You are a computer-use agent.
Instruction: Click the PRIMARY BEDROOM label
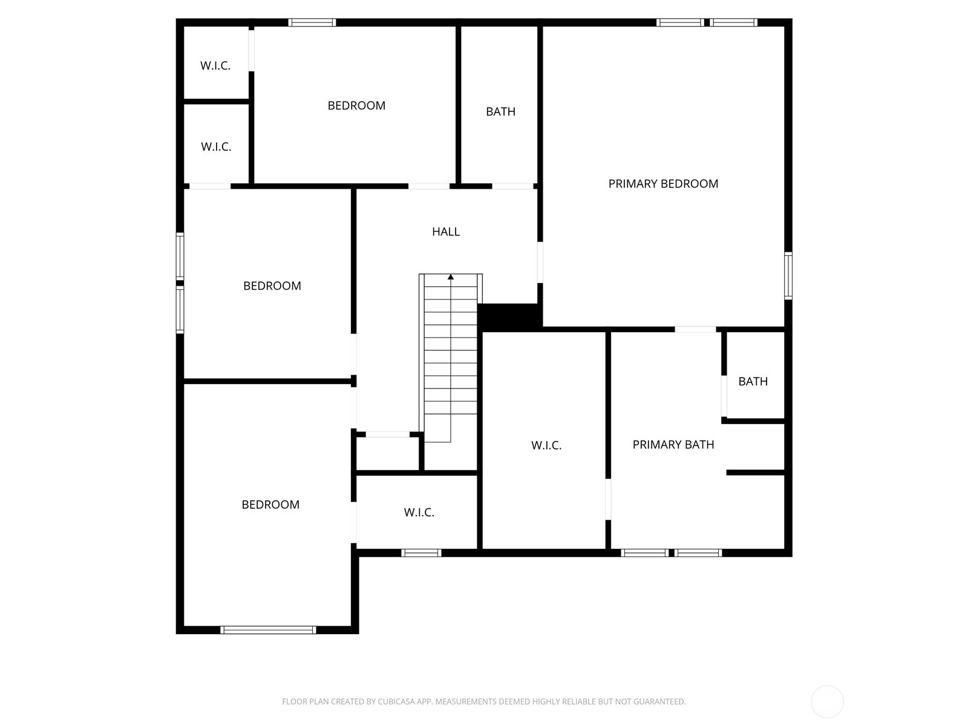click(x=663, y=183)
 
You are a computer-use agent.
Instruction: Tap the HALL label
click(x=446, y=231)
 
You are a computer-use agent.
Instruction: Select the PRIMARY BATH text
click(x=673, y=445)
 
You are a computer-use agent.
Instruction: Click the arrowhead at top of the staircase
click(x=451, y=277)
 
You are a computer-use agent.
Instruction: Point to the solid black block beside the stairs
click(x=509, y=317)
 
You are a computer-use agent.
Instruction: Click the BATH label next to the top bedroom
click(x=500, y=111)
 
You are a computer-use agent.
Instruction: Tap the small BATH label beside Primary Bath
click(x=753, y=381)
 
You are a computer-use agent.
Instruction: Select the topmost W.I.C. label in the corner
click(x=215, y=65)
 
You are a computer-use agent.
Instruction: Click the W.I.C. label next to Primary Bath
click(x=546, y=445)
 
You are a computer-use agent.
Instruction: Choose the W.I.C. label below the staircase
click(x=419, y=512)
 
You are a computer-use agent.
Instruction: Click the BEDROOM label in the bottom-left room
click(x=270, y=505)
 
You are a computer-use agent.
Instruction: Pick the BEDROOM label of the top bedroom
click(x=356, y=105)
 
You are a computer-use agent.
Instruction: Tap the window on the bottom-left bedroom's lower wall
click(x=268, y=630)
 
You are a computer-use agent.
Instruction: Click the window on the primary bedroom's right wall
click(x=788, y=276)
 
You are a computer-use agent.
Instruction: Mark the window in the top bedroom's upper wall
click(x=312, y=22)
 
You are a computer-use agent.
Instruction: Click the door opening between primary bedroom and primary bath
click(x=695, y=329)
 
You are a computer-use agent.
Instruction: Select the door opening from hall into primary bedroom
click(x=540, y=263)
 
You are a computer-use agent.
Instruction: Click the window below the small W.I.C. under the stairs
click(x=421, y=552)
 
